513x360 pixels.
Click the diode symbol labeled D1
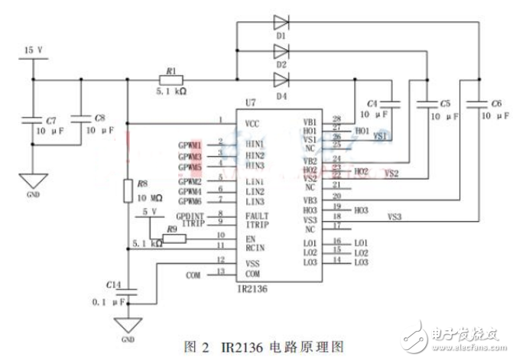(x=281, y=23)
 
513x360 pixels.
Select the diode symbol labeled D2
(x=281, y=50)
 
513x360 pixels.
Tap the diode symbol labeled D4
(x=281, y=79)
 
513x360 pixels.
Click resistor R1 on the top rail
(x=168, y=79)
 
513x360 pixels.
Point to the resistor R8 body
(x=128, y=190)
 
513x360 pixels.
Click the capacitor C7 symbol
(x=33, y=120)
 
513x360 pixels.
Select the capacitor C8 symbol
(x=83, y=118)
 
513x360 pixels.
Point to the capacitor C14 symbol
(x=128, y=290)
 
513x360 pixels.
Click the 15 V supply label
(x=33, y=50)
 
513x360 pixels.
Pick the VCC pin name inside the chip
(x=256, y=122)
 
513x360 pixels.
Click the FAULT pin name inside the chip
(x=258, y=216)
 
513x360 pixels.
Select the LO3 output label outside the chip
(x=362, y=262)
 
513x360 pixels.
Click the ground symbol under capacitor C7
(x=33, y=182)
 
